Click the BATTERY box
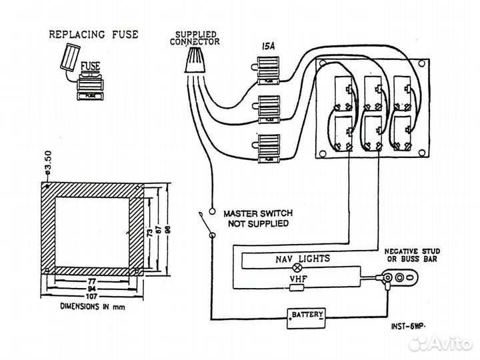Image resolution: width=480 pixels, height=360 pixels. coord(307,315)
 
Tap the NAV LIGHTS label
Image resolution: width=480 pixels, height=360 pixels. coord(302,257)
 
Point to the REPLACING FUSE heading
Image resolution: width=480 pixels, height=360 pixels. coord(93,34)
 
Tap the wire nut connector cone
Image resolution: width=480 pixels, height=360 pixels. coord(195,63)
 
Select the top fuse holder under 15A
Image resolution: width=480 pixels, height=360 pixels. coord(268,70)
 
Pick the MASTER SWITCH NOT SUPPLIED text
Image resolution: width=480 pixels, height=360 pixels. coord(257,218)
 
